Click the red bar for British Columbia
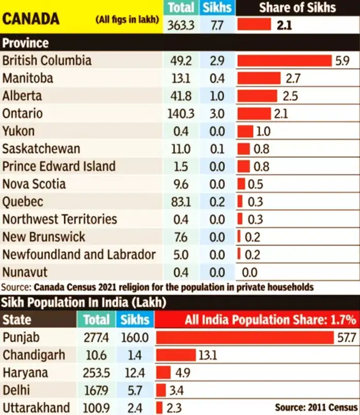[x=284, y=61]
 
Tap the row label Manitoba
[x=28, y=78]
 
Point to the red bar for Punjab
[x=245, y=338]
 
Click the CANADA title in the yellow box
[x=31, y=19]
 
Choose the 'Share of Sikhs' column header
[x=297, y=7]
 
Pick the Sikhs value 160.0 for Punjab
[x=136, y=338]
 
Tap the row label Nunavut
[x=25, y=272]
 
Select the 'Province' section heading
[x=26, y=43]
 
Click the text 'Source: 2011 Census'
[x=316, y=407]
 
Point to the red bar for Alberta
[x=257, y=96]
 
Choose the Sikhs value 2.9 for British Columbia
[x=217, y=61]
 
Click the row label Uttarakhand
[x=36, y=408]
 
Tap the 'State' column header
[x=17, y=320]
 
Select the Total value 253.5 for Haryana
[x=96, y=373]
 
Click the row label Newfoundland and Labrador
[x=79, y=254]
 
